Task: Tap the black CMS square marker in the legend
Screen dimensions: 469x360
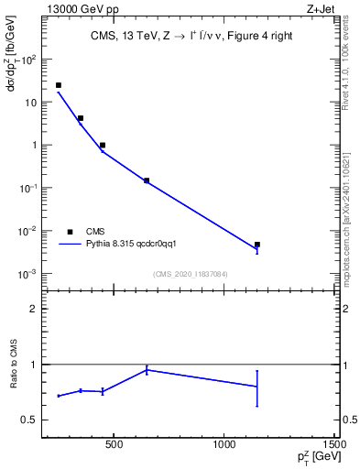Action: [x=70, y=231]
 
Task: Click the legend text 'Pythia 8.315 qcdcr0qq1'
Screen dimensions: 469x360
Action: [x=137, y=245]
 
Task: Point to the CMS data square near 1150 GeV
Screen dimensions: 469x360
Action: [x=257, y=245]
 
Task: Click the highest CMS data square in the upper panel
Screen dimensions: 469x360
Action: [x=59, y=85]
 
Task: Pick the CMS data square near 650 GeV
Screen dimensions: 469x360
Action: [x=147, y=180]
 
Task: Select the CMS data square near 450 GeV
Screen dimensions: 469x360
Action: [x=103, y=145]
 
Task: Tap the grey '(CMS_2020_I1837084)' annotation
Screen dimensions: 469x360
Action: [x=191, y=274]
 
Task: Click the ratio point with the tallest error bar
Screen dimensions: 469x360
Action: [x=257, y=387]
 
